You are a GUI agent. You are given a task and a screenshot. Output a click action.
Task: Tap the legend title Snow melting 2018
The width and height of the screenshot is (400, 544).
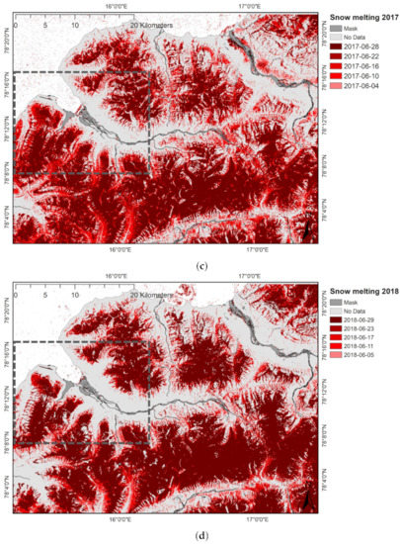click(x=361, y=288)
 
